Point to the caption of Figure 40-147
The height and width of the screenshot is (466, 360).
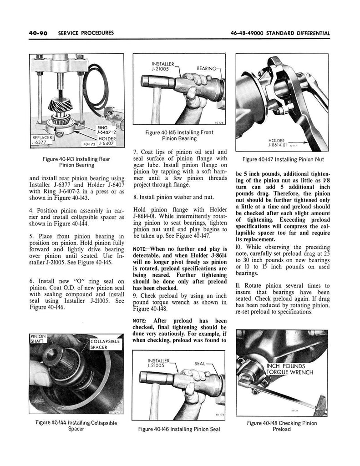283,160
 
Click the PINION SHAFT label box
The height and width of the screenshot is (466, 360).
40,339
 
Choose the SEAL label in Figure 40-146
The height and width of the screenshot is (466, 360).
201,364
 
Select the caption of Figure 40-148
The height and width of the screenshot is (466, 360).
282,426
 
